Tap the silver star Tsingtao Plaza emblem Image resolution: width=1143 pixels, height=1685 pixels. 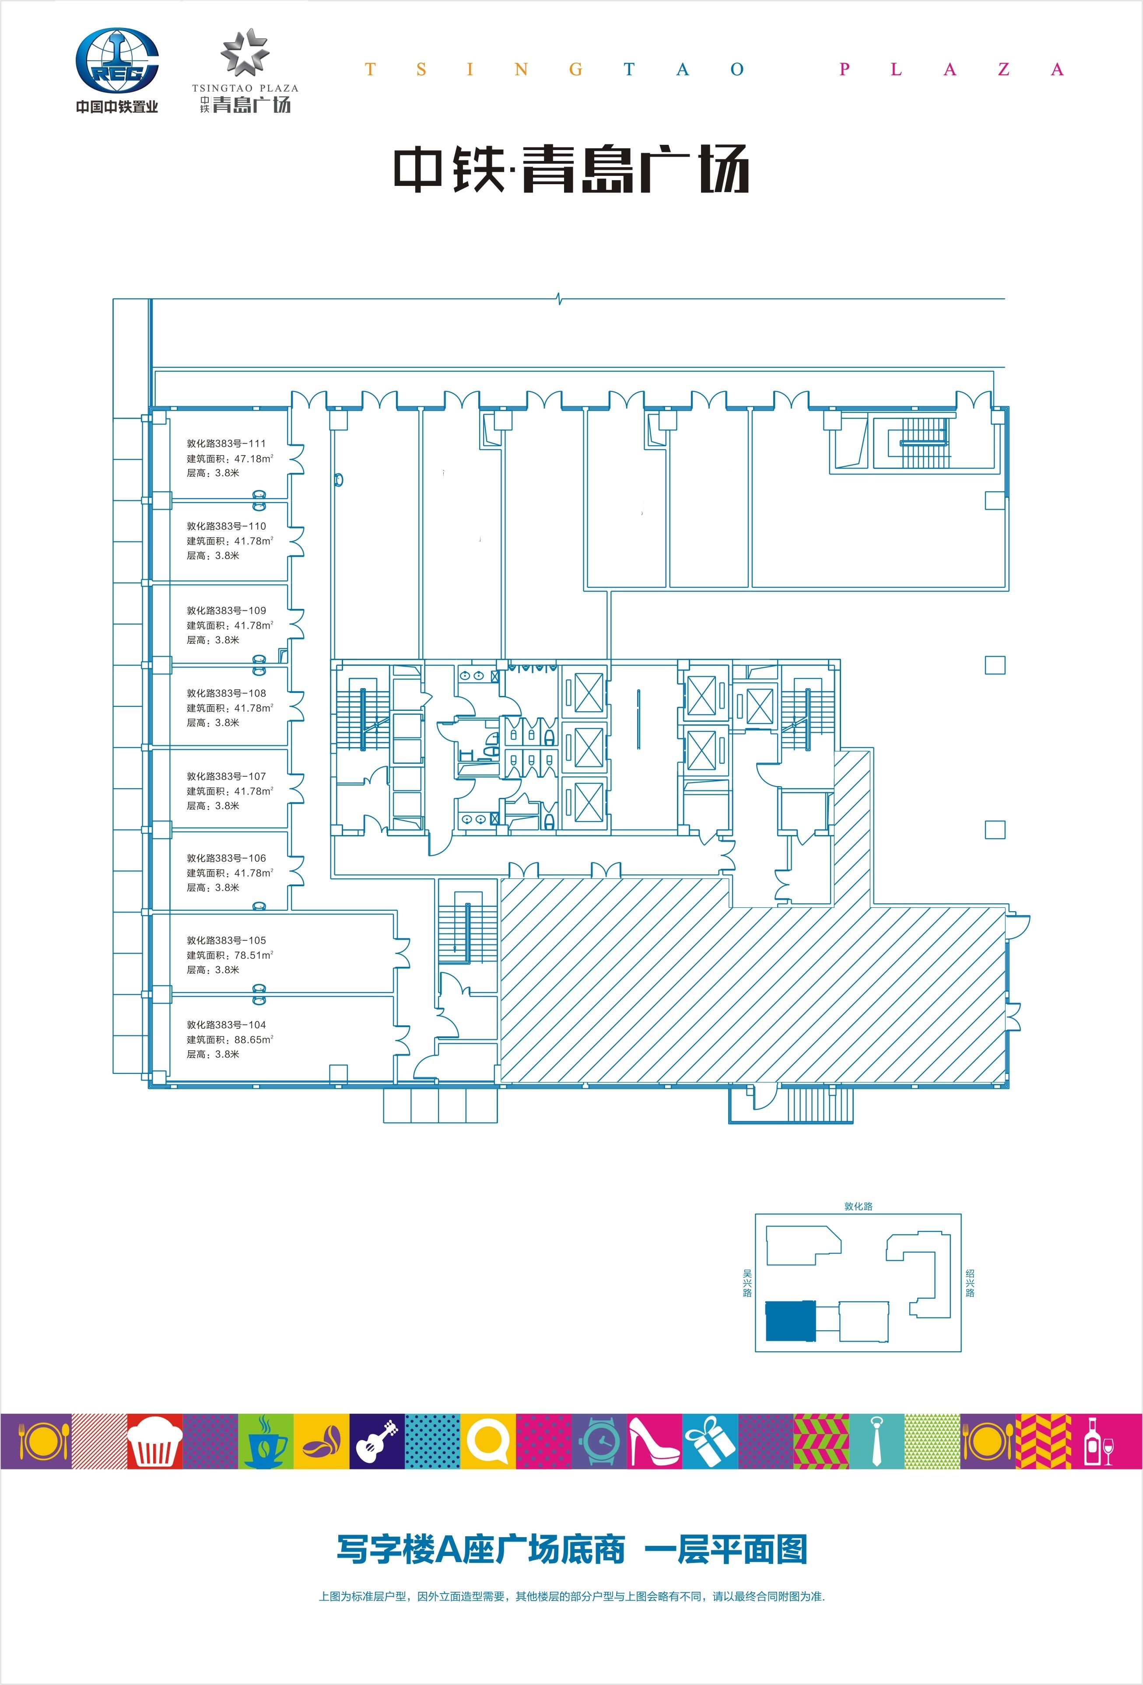tap(245, 52)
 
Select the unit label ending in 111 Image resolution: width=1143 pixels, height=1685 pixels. tap(226, 443)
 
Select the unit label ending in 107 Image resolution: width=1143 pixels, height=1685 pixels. tap(226, 776)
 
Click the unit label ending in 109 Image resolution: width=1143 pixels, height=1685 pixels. tap(226, 611)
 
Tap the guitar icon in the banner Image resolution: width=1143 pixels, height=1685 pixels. tap(377, 1441)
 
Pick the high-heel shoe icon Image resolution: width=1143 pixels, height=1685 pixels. tap(653, 1441)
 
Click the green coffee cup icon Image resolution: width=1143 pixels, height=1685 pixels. tap(266, 1441)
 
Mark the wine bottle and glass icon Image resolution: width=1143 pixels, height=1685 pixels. tap(1098, 1441)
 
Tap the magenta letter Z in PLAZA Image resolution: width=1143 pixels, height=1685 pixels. tap(1004, 70)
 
